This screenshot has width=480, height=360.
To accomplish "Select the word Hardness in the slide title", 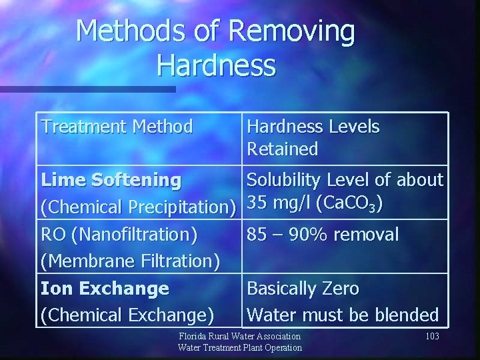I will coord(216,66).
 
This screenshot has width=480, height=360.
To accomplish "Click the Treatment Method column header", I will coord(117,126).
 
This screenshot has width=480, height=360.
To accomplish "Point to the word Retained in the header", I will coord(283,149).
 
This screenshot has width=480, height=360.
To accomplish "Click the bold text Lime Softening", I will coord(111,180).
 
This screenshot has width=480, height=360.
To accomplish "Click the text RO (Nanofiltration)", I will coord(119,235).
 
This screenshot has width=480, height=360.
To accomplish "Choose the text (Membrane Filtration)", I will coord(131,261).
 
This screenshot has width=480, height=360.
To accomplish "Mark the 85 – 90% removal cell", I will coord(323,235).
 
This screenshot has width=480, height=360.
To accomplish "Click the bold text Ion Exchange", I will coord(105,289).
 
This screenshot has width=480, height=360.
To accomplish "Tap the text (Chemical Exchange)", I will coord(128,315).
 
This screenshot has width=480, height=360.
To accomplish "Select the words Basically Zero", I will coord(303,289).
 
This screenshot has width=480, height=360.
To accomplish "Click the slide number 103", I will coord(432,337).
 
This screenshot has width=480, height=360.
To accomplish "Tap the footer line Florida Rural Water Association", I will coord(240,337).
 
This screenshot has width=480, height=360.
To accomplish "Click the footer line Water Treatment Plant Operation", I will coord(240,347).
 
